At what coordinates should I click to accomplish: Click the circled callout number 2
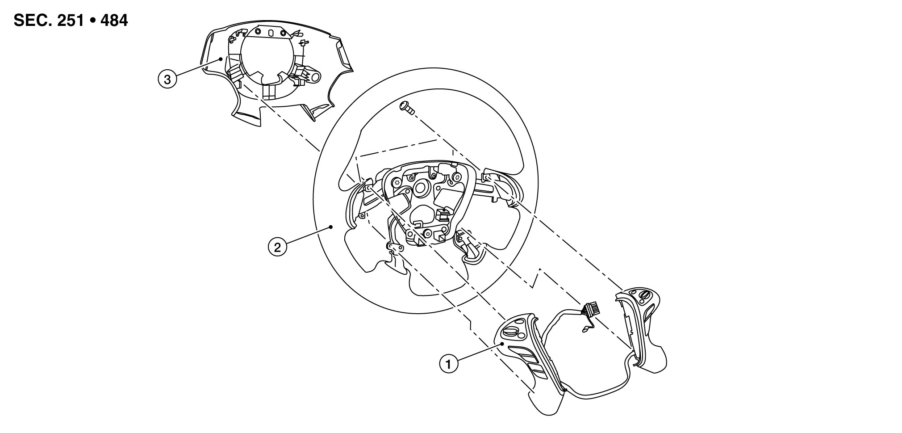click(277, 247)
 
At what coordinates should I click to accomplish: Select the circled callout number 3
click(167, 80)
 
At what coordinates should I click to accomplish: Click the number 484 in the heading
click(114, 20)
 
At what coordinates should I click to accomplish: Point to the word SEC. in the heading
click(32, 20)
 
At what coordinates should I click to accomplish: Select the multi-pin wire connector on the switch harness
click(590, 309)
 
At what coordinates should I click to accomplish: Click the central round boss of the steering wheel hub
click(419, 188)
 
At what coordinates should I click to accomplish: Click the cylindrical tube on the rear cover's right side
click(314, 77)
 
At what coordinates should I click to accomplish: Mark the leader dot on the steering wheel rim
click(331, 227)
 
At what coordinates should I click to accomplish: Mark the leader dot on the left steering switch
click(502, 344)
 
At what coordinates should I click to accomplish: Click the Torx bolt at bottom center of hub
click(428, 233)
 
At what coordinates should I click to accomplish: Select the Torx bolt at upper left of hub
click(397, 184)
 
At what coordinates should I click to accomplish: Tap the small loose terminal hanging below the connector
click(585, 331)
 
